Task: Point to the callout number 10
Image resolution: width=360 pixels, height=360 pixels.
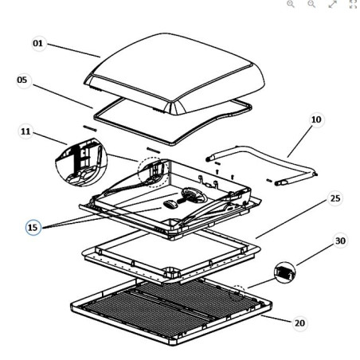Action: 316,119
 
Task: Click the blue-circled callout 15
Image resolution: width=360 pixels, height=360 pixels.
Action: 33,228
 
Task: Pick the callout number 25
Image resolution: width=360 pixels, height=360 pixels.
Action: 335,196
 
